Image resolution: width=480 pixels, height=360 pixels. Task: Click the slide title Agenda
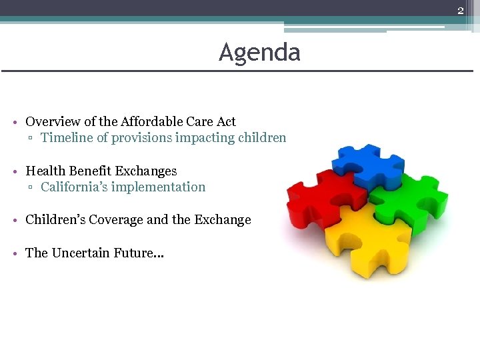click(x=259, y=52)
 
